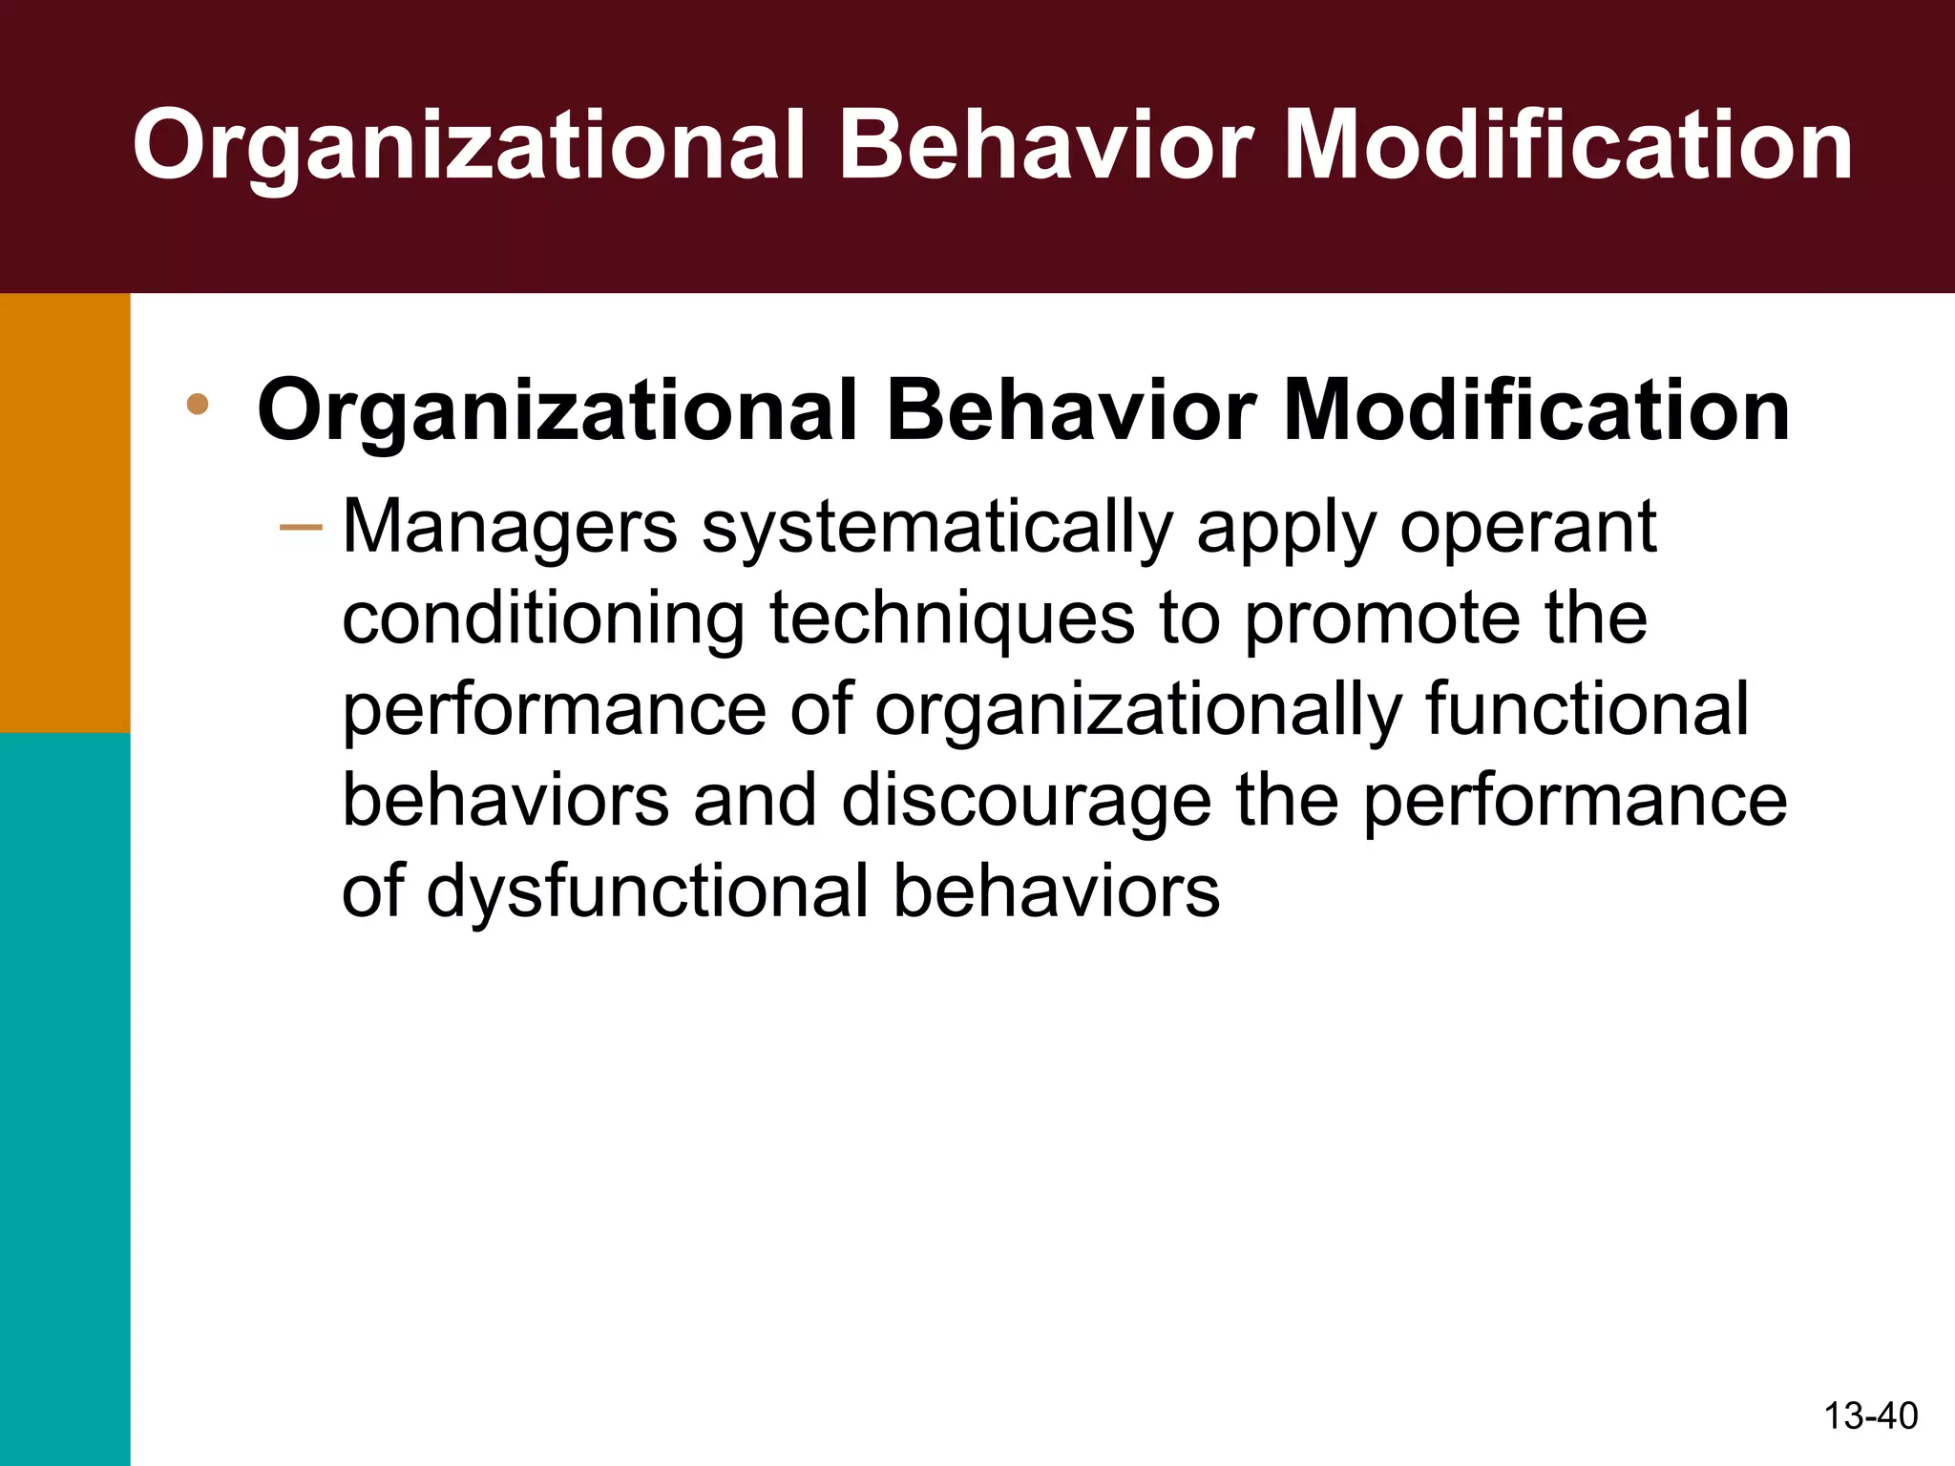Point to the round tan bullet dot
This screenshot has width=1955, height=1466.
coord(199,405)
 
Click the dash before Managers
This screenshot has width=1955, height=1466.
coord(302,526)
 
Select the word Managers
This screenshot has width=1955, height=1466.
coord(510,528)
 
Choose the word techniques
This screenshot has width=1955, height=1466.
coord(952,618)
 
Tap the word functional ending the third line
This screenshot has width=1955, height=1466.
coord(1587,708)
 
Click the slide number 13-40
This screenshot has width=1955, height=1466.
coord(1870,1415)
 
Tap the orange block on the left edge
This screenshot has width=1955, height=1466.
coord(65,513)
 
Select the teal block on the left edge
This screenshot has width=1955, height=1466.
coord(65,1098)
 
